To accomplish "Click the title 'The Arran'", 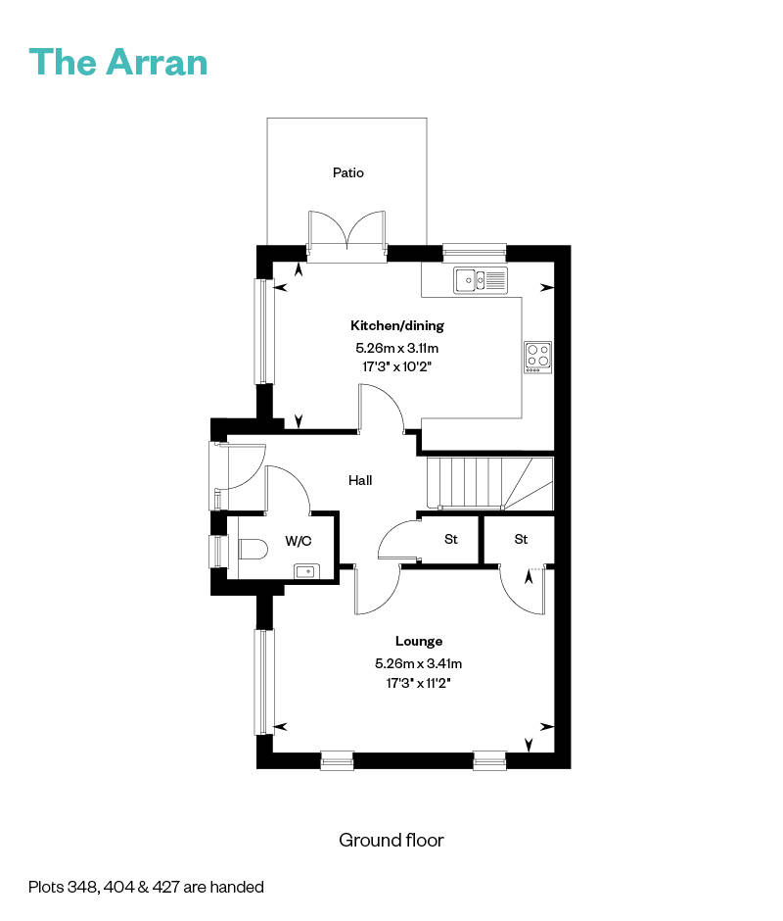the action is (118, 62).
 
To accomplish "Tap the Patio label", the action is (348, 172).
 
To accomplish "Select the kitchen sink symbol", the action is (481, 279).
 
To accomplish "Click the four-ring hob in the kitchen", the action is (537, 357).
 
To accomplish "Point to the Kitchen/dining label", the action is (397, 325).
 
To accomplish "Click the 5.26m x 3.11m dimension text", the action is (397, 348).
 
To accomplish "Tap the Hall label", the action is (360, 480).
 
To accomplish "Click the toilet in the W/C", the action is (253, 550).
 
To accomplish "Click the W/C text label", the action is (299, 541).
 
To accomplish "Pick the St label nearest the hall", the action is (451, 539).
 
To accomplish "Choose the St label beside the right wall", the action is (522, 539).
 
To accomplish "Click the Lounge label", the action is (419, 641).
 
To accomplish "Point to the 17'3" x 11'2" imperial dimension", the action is (419, 683).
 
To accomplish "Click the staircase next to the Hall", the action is (490, 483).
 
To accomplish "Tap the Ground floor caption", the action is (391, 840).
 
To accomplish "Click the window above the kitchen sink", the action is (475, 253).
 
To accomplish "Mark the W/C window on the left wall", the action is (219, 551).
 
